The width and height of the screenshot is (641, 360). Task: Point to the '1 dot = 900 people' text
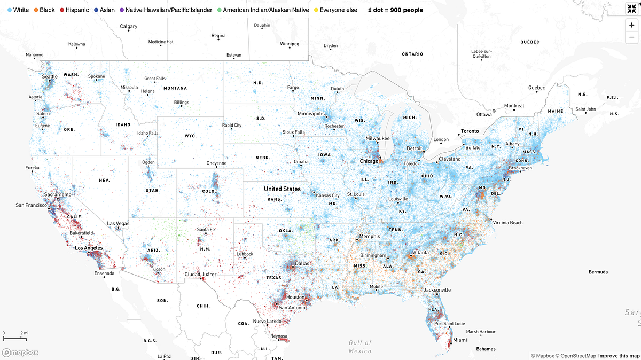click(x=395, y=10)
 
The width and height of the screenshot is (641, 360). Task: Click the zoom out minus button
click(x=632, y=37)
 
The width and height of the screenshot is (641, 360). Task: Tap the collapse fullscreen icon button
click(x=632, y=9)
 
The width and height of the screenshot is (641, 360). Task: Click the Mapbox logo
click(x=20, y=353)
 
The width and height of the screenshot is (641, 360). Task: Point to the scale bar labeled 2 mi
click(x=15, y=336)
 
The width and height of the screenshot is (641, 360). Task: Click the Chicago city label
click(x=369, y=161)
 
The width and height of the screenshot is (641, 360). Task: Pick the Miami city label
click(x=459, y=340)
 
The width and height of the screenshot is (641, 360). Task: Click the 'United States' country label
click(x=282, y=189)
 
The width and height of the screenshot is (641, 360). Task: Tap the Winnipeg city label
click(x=291, y=43)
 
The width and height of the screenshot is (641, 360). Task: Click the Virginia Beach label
click(x=507, y=222)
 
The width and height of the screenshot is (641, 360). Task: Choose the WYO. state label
click(x=191, y=136)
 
